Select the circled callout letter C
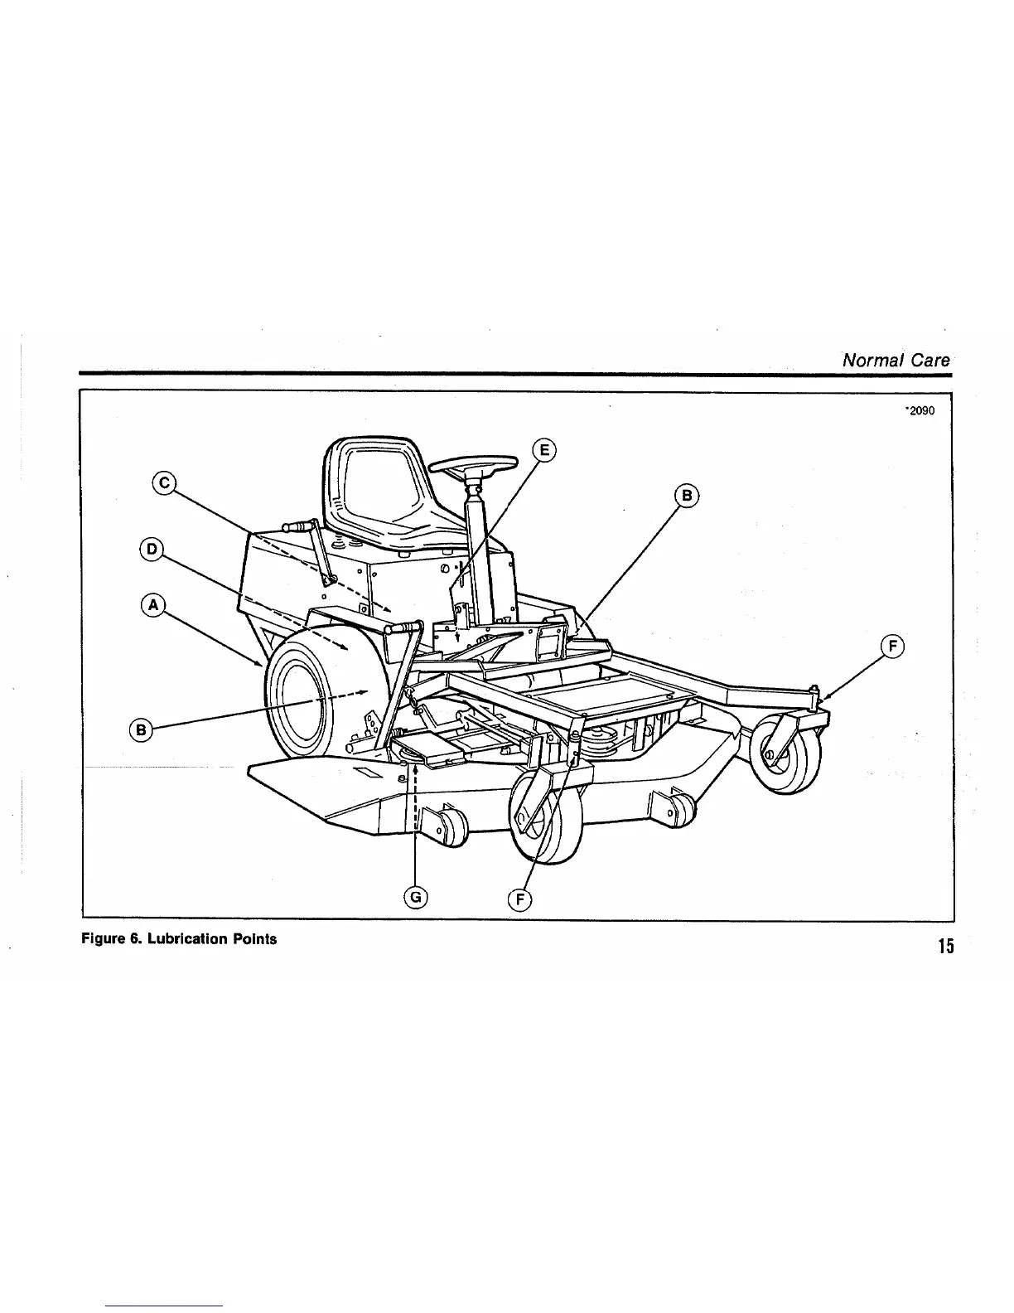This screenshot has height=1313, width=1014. [164, 482]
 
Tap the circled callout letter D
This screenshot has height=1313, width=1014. [152, 549]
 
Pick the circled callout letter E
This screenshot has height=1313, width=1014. [544, 450]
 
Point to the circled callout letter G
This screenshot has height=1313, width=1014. [415, 896]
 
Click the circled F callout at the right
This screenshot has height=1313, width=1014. [892, 647]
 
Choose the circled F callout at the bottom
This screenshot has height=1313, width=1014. [519, 899]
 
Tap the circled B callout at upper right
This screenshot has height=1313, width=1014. [688, 497]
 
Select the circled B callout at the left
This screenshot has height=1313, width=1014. [142, 729]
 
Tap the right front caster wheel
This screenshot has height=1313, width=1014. [785, 755]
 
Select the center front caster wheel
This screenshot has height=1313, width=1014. [546, 820]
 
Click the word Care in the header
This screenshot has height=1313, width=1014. [932, 360]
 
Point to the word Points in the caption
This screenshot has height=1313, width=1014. [254, 940]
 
